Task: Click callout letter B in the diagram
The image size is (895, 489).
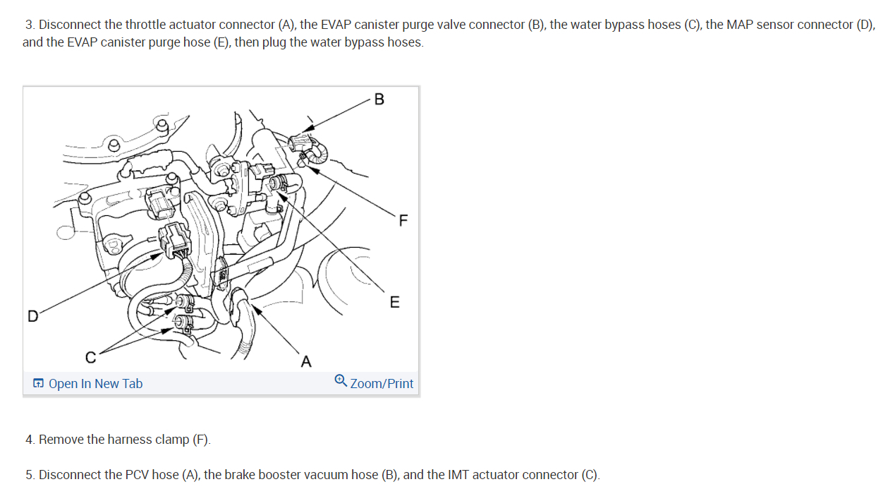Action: point(379,99)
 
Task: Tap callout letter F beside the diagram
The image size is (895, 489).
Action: point(403,220)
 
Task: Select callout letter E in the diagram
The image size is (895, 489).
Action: point(394,302)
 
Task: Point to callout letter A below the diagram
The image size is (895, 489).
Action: point(306,361)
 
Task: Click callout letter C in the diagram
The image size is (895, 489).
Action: point(91,357)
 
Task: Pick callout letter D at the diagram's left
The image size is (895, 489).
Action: point(32,316)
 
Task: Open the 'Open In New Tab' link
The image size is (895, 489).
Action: point(95,383)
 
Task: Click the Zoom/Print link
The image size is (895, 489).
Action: point(382,383)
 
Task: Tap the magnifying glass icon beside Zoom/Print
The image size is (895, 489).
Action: point(341,380)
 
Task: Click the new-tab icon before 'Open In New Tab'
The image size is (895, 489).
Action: point(38,383)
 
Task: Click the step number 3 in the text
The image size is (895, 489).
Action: point(29,25)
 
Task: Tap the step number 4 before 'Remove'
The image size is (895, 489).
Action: point(29,440)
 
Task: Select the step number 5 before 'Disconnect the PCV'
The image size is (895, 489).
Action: point(29,475)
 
